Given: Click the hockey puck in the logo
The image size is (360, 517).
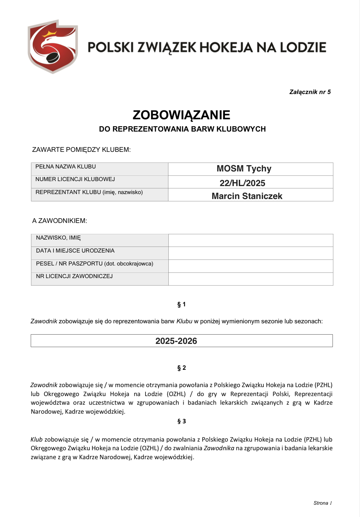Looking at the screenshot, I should coord(53,57).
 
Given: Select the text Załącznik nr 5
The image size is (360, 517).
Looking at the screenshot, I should coord(310,92).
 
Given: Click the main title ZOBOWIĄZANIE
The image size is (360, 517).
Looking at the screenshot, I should coord(181,115).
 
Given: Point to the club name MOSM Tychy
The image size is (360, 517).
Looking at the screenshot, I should coord(244,169).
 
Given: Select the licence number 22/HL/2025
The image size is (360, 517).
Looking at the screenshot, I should coord(242,183).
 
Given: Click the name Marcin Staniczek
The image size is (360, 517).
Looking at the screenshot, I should coord(247,196).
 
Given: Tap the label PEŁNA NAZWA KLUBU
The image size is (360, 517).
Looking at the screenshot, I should coord(65,167).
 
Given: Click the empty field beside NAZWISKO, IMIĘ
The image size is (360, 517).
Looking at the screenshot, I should coord(250,240).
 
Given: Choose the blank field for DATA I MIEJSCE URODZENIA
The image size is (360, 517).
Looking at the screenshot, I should coord(250,253).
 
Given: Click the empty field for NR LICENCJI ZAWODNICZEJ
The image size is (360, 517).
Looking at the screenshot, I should coord(250,279).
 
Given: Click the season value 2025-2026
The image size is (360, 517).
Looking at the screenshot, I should coord(176,341).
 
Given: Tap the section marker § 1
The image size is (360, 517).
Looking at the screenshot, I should coord(181,304).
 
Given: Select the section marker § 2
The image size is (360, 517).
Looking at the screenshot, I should coord(181,368).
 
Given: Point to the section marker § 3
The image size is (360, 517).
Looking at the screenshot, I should coord(181,421).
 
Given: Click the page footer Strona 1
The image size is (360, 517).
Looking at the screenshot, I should coord(322,503).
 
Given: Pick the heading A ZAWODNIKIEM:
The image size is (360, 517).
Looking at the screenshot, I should coord(60,221).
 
